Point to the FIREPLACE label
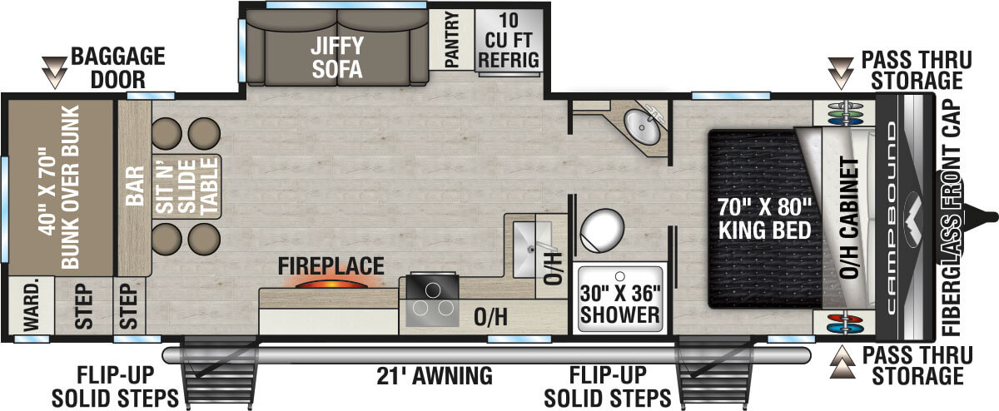[x=331, y=266]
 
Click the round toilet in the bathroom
[x=601, y=230]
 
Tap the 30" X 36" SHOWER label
[x=620, y=304]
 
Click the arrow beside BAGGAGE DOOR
[x=57, y=72]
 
